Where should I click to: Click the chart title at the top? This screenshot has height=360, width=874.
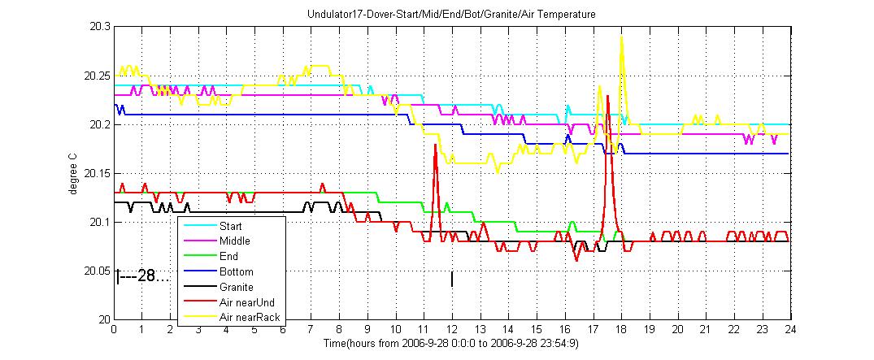[x=451, y=15]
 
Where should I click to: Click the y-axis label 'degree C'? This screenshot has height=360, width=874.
[x=73, y=173]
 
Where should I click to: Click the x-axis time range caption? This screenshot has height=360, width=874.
[x=451, y=343]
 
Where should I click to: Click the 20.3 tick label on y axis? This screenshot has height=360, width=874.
[x=99, y=27]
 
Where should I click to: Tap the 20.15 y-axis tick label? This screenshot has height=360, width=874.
[x=97, y=173]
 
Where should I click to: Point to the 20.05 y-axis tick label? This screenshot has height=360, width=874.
[x=97, y=271]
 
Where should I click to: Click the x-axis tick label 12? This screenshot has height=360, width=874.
[x=451, y=331]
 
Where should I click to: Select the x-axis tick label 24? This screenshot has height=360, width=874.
[x=789, y=331]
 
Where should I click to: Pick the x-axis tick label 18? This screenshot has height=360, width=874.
[x=620, y=331]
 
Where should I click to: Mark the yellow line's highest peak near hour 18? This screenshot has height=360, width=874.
[x=622, y=37]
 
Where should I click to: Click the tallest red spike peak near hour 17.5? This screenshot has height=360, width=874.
[x=608, y=96]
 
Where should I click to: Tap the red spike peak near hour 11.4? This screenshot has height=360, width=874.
[x=436, y=145]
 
